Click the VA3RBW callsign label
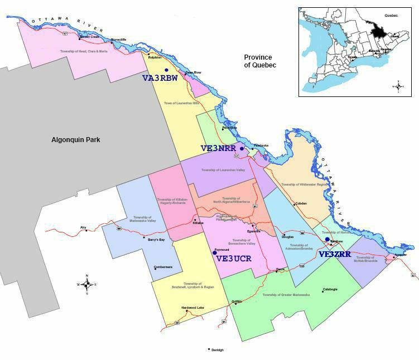(x=160, y=79)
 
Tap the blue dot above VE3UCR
(x=215, y=252)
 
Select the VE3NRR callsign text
(x=218, y=148)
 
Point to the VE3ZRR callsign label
(x=335, y=254)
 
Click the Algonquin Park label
(x=75, y=140)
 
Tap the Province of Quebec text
(x=260, y=61)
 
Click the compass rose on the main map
(x=87, y=284)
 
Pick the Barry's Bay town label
(x=155, y=240)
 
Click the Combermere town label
(x=163, y=267)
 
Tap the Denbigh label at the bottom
(x=217, y=350)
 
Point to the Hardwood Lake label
(x=192, y=308)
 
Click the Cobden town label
(x=301, y=203)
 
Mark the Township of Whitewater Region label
(x=304, y=184)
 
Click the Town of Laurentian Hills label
(x=181, y=103)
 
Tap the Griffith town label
(x=237, y=301)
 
